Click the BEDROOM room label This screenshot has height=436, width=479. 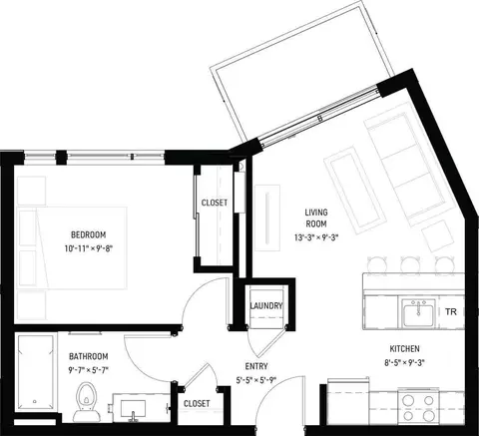click(89, 234)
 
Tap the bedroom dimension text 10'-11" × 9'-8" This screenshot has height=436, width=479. click(89, 248)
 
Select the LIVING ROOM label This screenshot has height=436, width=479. click(316, 218)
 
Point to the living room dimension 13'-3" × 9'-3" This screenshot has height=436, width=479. click(316, 237)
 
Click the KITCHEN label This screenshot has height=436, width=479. click(404, 349)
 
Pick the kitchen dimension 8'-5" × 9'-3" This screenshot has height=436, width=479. click(405, 362)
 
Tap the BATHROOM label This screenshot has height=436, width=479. click(89, 356)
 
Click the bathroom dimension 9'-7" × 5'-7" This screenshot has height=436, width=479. click(89, 370)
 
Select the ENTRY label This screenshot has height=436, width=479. click(256, 366)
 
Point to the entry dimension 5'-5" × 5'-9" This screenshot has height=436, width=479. click(256, 380)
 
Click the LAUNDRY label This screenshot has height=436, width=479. click(266, 305)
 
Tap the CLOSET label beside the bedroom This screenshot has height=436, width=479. click(215, 203)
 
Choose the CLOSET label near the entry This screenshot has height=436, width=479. click(197, 403)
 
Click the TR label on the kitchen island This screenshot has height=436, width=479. click(451, 312)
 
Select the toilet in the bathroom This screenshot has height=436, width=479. click(87, 402)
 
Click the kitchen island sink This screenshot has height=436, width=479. click(418, 312)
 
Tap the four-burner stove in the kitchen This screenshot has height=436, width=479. click(419, 406)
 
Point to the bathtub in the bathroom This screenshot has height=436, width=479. click(36, 373)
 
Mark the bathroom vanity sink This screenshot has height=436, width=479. click(133, 408)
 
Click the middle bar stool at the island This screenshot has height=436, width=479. click(410, 264)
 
